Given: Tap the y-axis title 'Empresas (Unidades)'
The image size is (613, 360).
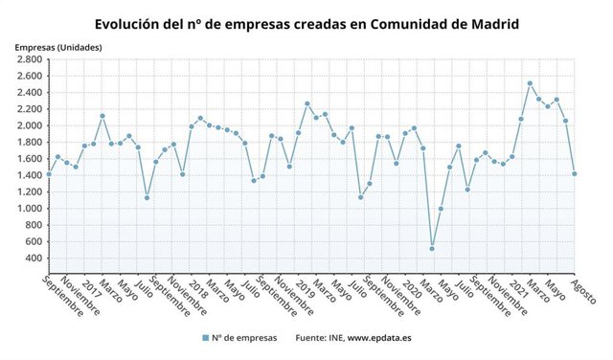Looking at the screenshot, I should pos(58,47).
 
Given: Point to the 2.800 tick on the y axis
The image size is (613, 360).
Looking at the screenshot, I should pos(27,59).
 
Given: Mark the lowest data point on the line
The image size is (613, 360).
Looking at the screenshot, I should pos(432,249).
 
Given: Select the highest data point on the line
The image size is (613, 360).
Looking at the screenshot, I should pos(530,83).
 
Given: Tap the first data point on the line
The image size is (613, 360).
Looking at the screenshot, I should pos(49,174).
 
